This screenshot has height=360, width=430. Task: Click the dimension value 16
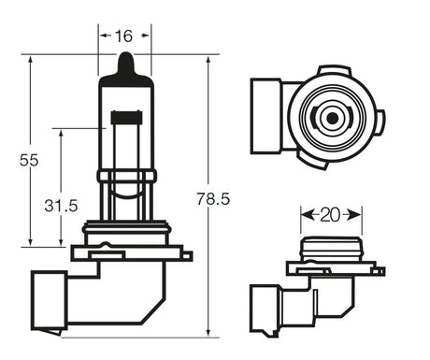124,36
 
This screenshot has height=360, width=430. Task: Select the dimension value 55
29,160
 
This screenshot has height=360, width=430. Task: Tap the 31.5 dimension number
61,206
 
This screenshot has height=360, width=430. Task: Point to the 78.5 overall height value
213,199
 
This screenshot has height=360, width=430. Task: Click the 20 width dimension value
330,215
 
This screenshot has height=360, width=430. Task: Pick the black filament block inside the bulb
126,117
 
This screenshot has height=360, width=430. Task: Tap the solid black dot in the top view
332,118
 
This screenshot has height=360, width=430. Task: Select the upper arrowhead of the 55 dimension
30,60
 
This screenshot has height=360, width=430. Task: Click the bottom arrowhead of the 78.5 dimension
208,332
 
